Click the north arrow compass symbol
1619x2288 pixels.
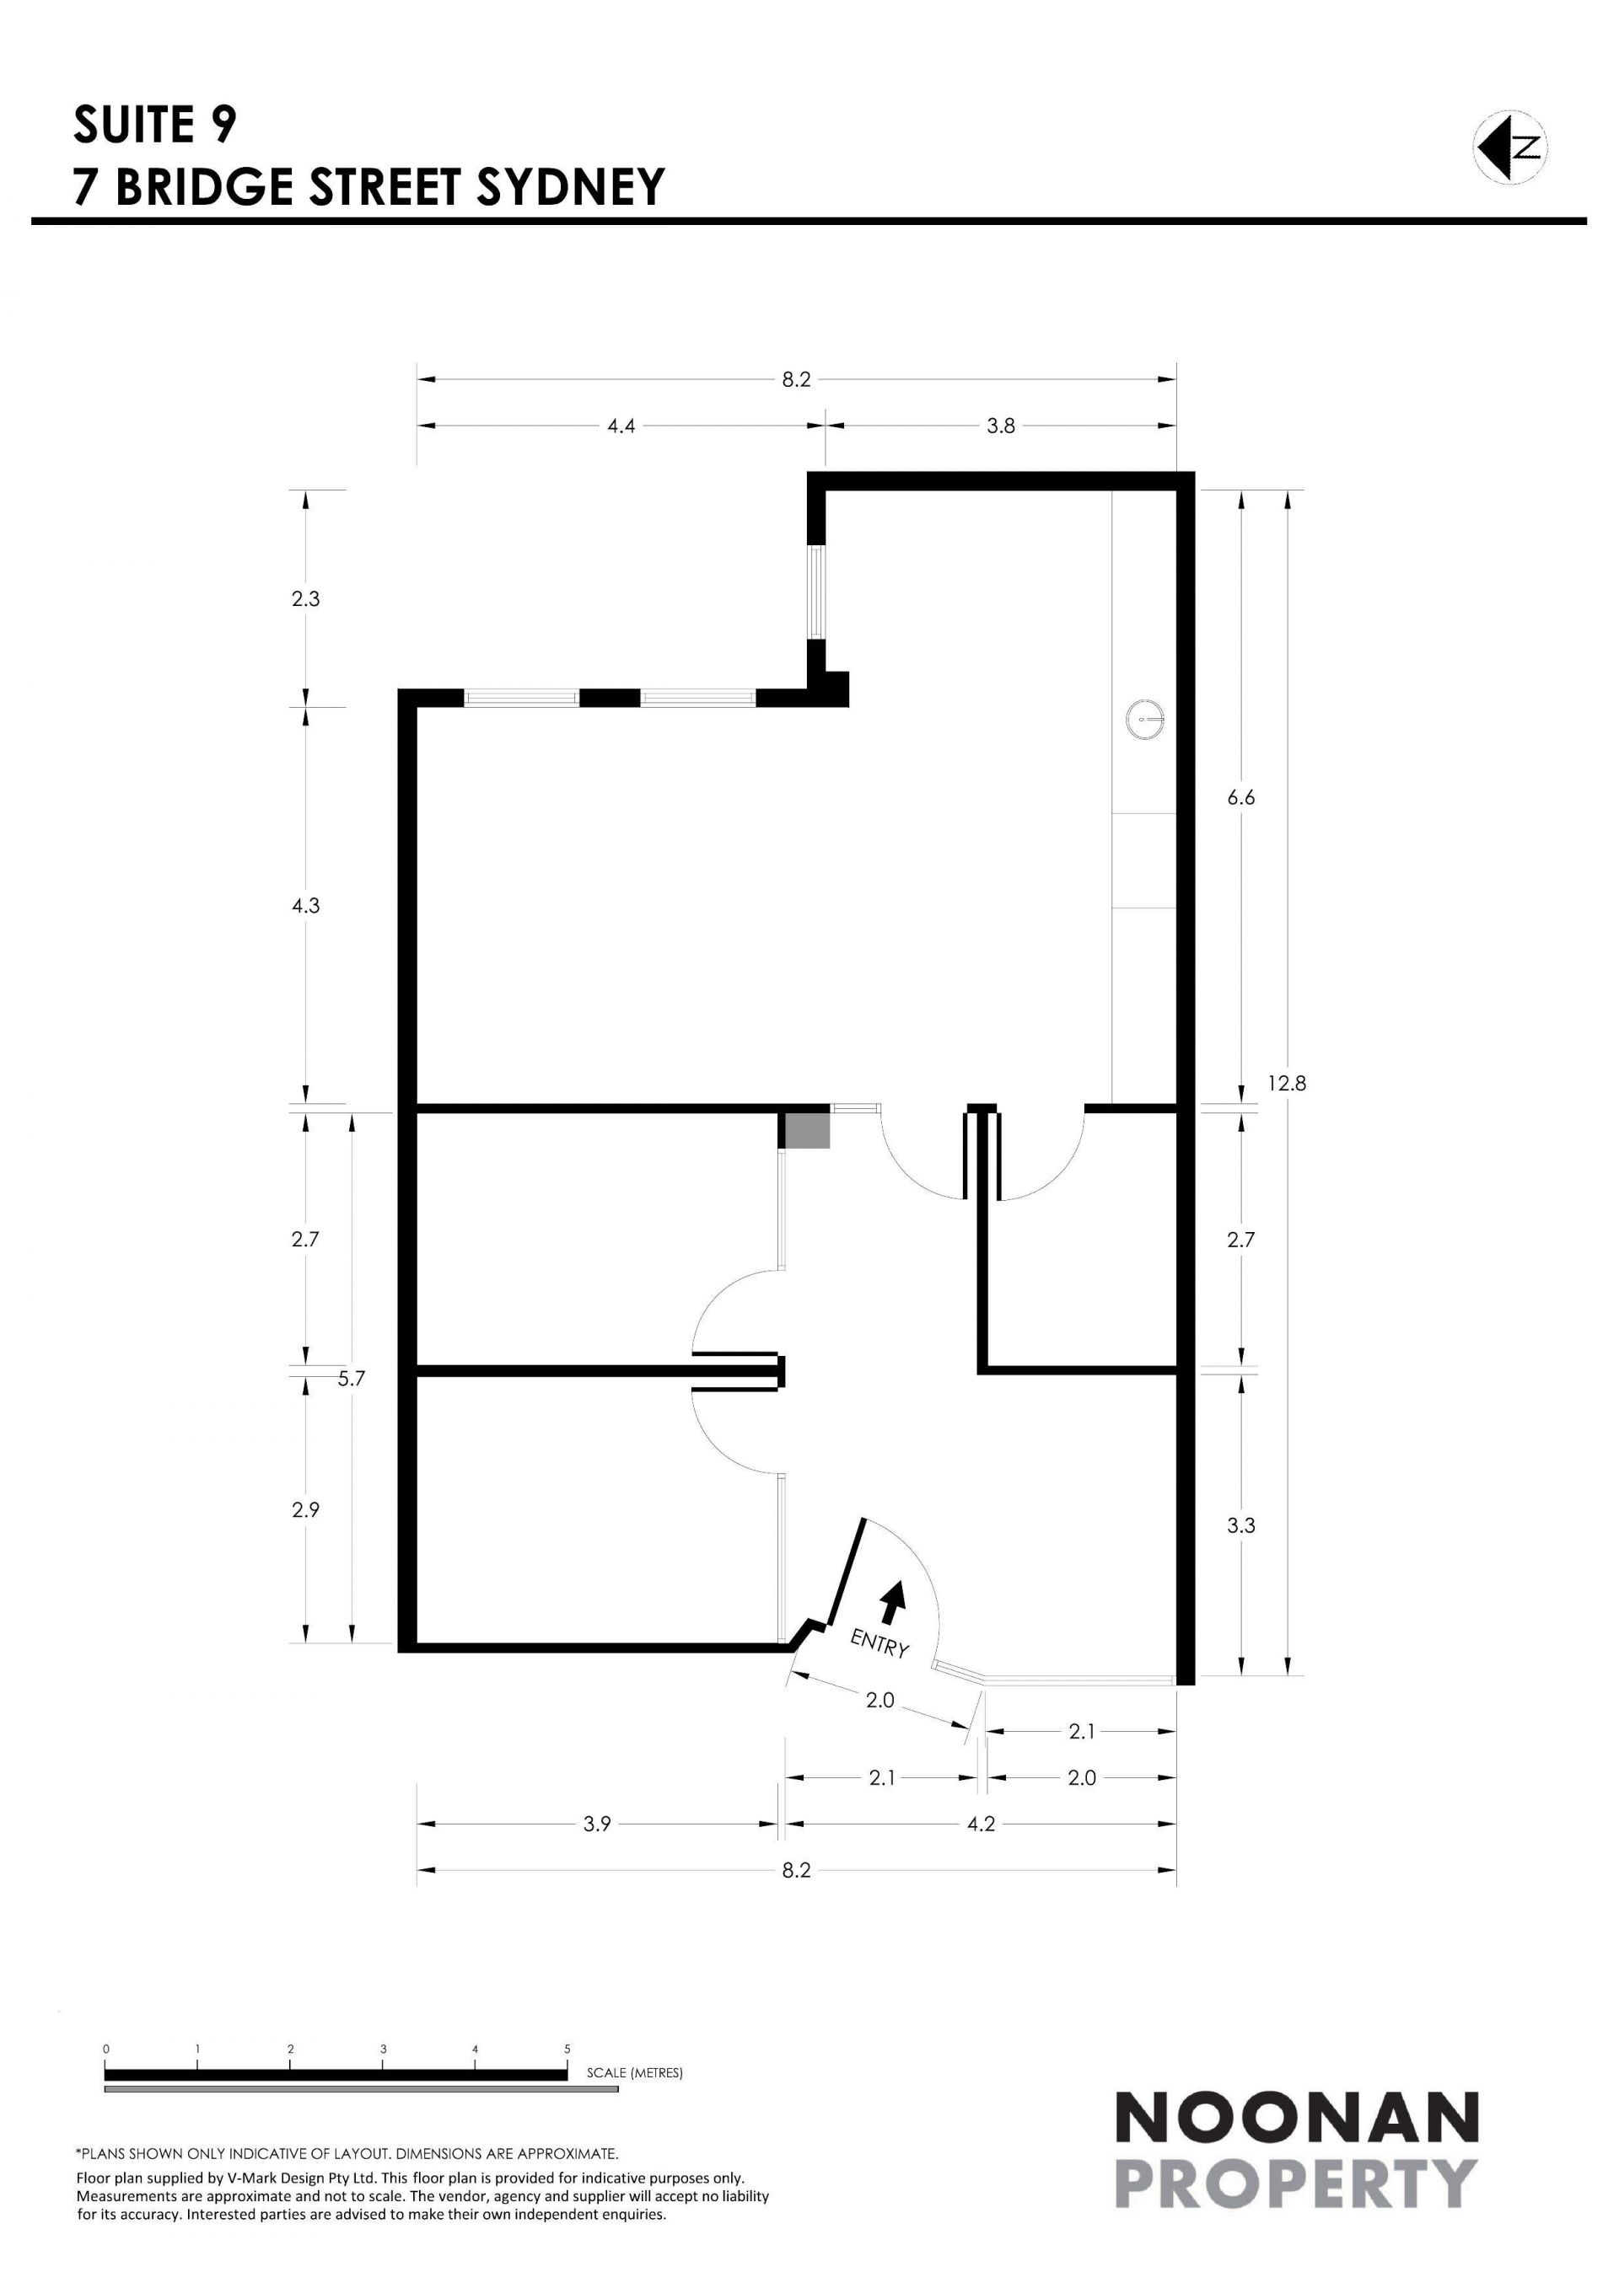pyautogui.click(x=1510, y=147)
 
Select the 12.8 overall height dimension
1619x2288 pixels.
pyautogui.click(x=1287, y=1082)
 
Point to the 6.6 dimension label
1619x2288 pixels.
pyautogui.click(x=1241, y=797)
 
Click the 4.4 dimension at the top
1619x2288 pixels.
pyautogui.click(x=621, y=426)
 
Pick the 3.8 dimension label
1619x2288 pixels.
pyautogui.click(x=1001, y=426)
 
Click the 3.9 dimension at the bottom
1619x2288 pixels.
pyautogui.click(x=596, y=1824)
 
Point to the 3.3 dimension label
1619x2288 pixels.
pyautogui.click(x=1241, y=1524)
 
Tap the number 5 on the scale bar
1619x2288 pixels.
pyautogui.click(x=567, y=2049)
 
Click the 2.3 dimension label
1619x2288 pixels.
pyautogui.click(x=306, y=599)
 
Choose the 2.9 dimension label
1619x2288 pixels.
pyautogui.click(x=306, y=1509)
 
